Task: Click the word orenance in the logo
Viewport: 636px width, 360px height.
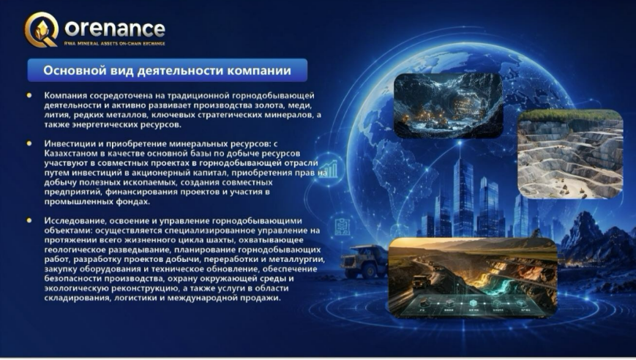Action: (115, 29)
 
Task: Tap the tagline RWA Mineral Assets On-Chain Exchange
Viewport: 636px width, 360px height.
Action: (115, 43)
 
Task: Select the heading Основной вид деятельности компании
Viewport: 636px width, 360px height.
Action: (167, 70)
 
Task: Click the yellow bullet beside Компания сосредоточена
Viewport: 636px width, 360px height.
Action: (29, 96)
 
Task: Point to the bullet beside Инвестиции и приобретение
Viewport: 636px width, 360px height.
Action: (29, 143)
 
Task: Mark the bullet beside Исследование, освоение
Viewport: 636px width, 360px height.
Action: (29, 220)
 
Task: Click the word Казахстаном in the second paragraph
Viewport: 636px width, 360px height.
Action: (69, 153)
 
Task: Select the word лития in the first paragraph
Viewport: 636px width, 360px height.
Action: (56, 115)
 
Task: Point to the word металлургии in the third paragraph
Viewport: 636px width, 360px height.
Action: (297, 260)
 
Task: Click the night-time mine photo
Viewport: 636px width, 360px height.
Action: (448, 105)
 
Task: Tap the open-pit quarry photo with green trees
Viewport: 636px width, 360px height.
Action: (570, 154)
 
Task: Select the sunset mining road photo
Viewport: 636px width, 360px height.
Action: (473, 277)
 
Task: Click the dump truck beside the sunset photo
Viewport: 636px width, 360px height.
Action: (364, 261)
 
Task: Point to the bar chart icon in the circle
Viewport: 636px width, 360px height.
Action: (329, 169)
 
